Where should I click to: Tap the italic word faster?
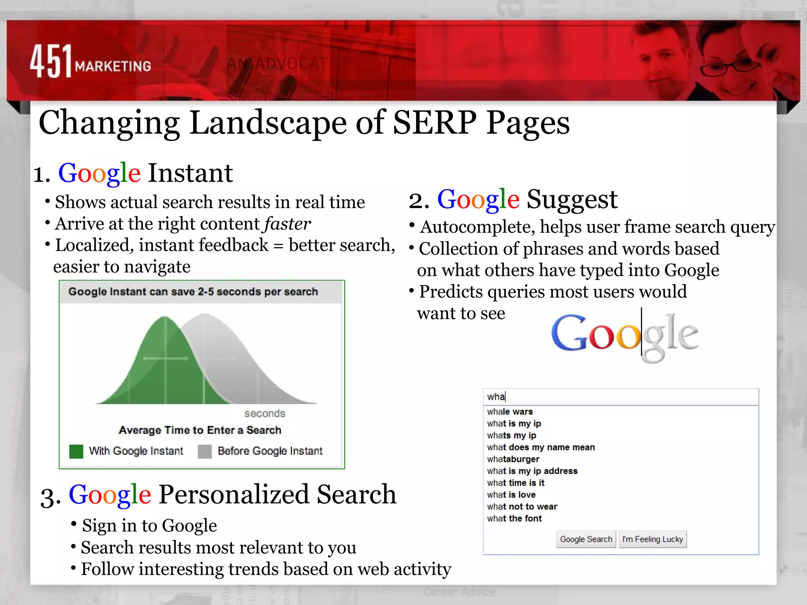(x=287, y=224)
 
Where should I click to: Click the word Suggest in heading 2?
(x=572, y=199)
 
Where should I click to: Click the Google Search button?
(x=586, y=539)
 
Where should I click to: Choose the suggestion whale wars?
(x=510, y=412)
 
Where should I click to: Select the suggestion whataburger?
(x=513, y=459)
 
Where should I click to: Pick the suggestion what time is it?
(x=515, y=483)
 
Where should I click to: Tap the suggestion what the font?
(x=514, y=518)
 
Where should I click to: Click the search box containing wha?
(x=621, y=397)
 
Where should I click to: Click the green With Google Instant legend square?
(x=76, y=451)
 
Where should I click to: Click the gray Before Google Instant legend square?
(x=205, y=451)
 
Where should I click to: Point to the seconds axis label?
(x=264, y=414)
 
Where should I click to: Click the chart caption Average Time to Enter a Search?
(x=200, y=430)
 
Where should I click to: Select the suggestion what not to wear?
(x=522, y=507)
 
